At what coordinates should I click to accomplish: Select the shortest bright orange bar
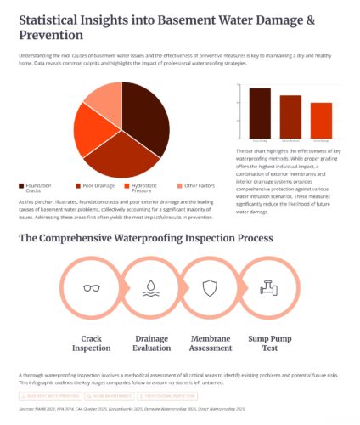pyautogui.click(x=321, y=120)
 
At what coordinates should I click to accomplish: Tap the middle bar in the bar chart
pyautogui.click(x=290, y=116)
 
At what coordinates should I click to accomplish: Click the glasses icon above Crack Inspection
pyautogui.click(x=90, y=288)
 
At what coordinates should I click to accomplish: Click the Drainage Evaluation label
pyautogui.click(x=150, y=343)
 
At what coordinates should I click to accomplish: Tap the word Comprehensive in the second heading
pyautogui.click(x=98, y=238)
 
